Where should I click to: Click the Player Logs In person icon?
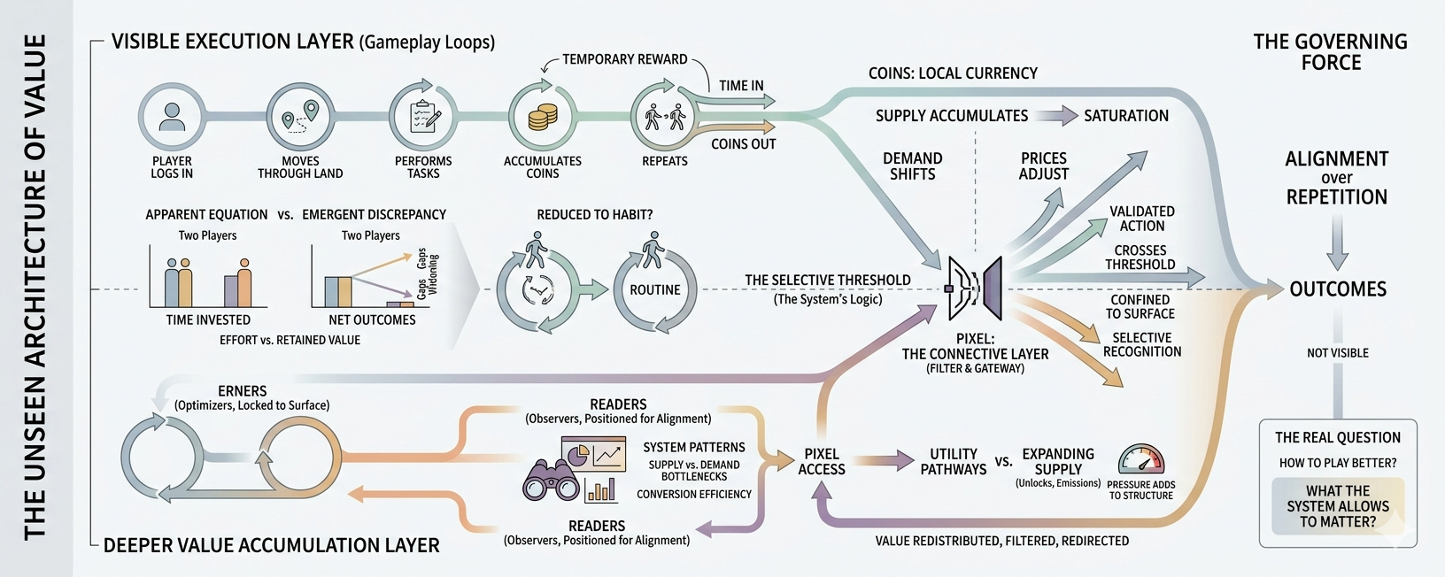[172, 117]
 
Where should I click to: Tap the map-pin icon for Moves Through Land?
[300, 117]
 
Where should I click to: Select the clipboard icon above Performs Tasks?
[423, 117]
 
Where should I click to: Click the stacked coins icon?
[543, 117]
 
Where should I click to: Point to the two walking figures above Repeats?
[665, 117]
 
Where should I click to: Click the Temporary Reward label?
[625, 59]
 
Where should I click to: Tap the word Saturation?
[1126, 116]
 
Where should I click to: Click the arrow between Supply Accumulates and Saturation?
[1055, 116]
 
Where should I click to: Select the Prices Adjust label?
[1044, 166]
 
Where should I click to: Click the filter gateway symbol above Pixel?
[974, 288]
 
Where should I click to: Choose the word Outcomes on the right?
[1338, 289]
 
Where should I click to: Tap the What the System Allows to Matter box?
[1338, 506]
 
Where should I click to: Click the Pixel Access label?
[822, 461]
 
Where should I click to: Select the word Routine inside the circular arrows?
[655, 290]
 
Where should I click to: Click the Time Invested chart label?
[208, 320]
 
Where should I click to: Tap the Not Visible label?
[1338, 353]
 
